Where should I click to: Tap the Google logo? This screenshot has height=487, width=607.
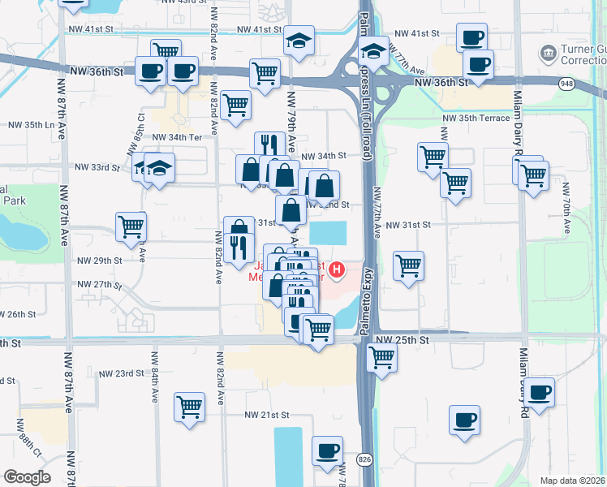click(27, 476)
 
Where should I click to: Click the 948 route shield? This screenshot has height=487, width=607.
click(566, 82)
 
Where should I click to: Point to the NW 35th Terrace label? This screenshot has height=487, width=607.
click(476, 118)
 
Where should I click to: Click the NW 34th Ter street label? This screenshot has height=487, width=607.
click(177, 137)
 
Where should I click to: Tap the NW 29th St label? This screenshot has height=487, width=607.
click(99, 261)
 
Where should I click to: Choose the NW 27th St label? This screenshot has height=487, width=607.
click(99, 285)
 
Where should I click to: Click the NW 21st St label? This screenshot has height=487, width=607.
click(268, 414)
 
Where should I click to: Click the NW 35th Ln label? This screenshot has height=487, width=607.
click(31, 126)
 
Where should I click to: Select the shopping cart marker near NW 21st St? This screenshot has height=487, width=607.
click(189, 406)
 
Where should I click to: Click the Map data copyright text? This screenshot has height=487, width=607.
click(573, 480)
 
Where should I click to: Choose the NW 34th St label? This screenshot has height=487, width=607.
click(324, 155)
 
